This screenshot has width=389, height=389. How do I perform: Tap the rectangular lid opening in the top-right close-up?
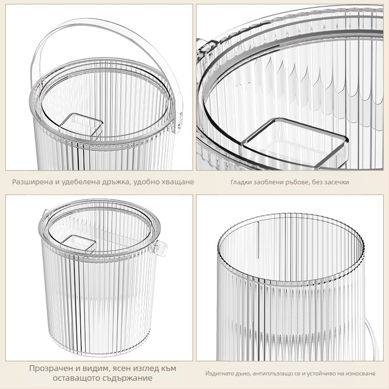(x=295, y=142)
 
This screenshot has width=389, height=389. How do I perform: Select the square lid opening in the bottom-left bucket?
(x=78, y=243)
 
